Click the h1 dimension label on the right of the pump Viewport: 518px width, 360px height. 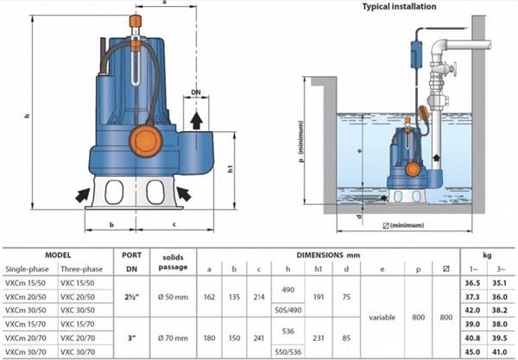pos(231,169)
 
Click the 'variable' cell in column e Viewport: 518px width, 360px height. pos(382,317)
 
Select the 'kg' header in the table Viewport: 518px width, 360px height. pos(486,256)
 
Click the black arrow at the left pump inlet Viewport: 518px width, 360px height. pos(83,194)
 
